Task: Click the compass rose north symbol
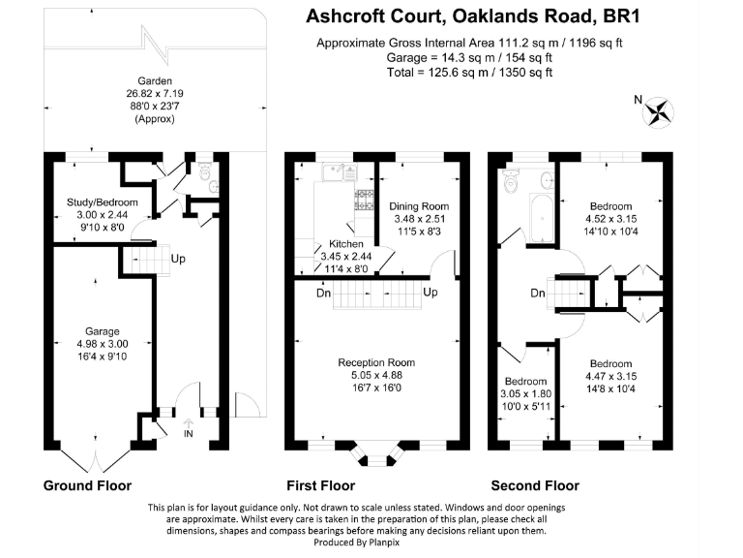point(660,111)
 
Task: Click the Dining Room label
point(419,206)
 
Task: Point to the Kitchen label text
point(345,244)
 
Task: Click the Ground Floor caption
point(87,485)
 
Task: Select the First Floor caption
point(321,485)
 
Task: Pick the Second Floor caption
point(535,485)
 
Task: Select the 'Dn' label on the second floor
point(537,292)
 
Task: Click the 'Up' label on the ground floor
point(179,260)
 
